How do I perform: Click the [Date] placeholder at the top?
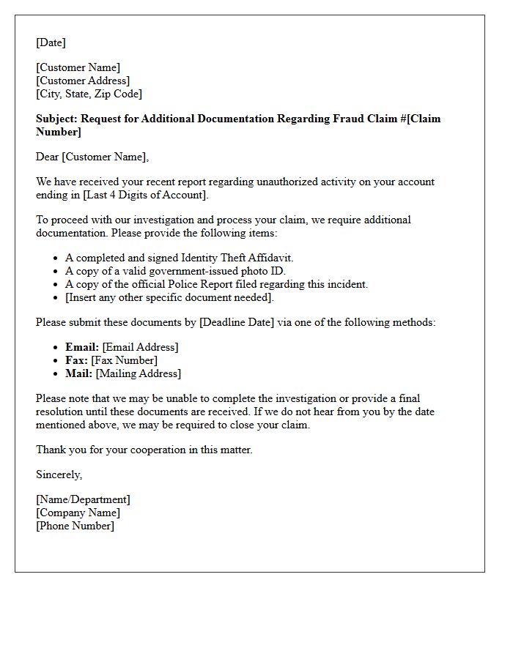coord(51,42)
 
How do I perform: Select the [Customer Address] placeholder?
coord(83,81)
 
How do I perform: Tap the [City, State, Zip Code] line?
coord(89,94)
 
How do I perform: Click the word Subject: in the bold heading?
coord(56,119)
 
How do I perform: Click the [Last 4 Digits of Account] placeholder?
coord(146,195)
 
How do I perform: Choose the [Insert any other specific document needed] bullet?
coord(169,297)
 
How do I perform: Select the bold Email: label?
coord(82,347)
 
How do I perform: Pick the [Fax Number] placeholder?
coord(124,360)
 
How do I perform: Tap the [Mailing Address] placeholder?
coord(138,373)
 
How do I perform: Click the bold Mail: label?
coord(78,373)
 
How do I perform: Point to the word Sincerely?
coord(59,474)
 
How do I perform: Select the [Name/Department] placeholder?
coord(83,499)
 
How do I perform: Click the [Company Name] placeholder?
coord(78,513)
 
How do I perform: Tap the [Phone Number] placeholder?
coord(75,526)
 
